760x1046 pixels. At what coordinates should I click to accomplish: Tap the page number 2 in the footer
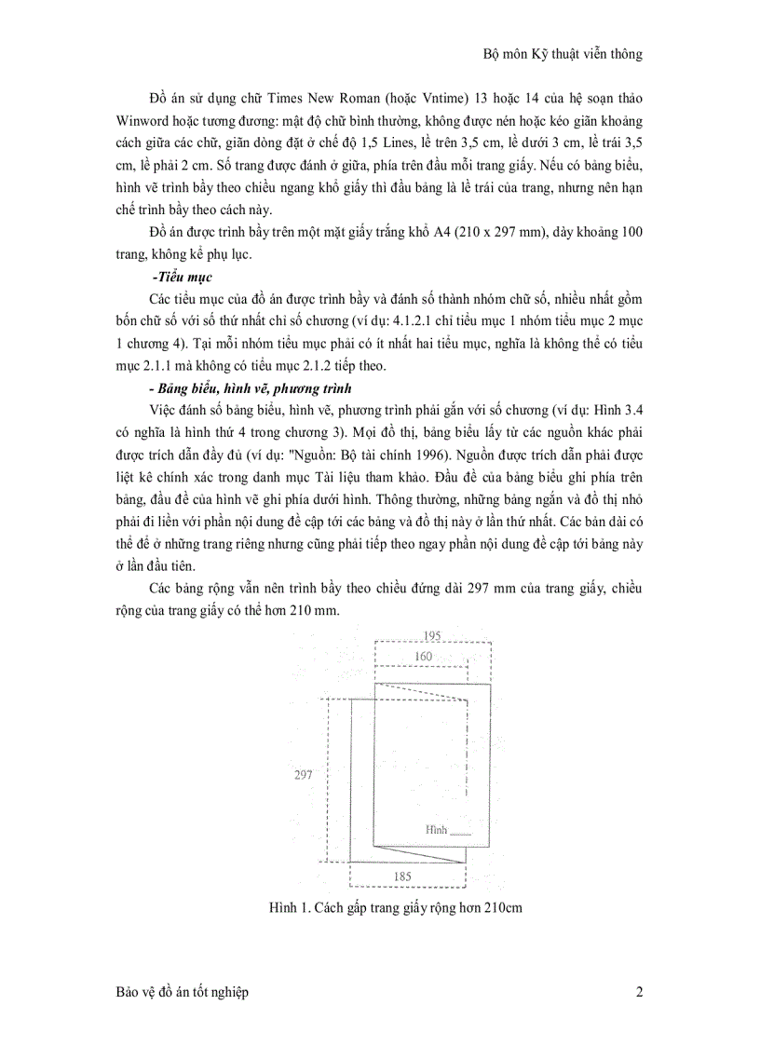639,993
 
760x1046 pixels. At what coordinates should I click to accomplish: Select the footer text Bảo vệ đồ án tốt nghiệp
176,993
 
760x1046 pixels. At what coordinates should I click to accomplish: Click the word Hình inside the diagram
436,829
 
